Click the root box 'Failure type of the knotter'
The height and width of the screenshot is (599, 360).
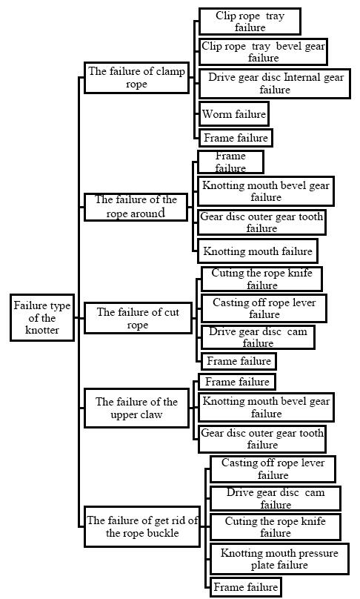pos(42,317)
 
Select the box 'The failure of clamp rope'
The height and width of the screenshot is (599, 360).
pos(137,78)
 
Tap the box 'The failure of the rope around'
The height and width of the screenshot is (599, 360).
pos(136,207)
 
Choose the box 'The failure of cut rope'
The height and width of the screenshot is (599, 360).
pos(138,318)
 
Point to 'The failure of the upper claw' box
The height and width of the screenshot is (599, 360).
pos(137,408)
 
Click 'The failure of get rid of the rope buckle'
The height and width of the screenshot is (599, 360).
pos(142,527)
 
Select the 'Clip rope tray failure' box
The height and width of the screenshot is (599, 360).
pos(250,21)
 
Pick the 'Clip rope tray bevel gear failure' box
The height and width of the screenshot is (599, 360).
pos(263,52)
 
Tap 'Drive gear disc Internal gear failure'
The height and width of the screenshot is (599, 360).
pos(275,84)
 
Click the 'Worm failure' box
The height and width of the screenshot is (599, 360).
pos(234,114)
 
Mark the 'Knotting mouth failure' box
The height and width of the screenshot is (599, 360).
pos(258,251)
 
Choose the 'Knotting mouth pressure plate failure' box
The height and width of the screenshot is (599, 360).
pos(279,559)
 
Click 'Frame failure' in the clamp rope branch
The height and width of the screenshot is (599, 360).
pos(236,138)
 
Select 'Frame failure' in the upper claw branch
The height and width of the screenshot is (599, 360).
pos(237,382)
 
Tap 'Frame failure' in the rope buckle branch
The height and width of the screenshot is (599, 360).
pos(245,587)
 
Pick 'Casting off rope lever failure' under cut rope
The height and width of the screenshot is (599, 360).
pos(264,308)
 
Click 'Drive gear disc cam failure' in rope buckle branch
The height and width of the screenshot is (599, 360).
pos(276,498)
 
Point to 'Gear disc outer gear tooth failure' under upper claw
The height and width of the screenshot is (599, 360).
pos(262,439)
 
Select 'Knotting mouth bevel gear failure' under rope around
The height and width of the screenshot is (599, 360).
pos(266,191)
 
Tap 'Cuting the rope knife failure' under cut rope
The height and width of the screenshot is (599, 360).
pos(261,279)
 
